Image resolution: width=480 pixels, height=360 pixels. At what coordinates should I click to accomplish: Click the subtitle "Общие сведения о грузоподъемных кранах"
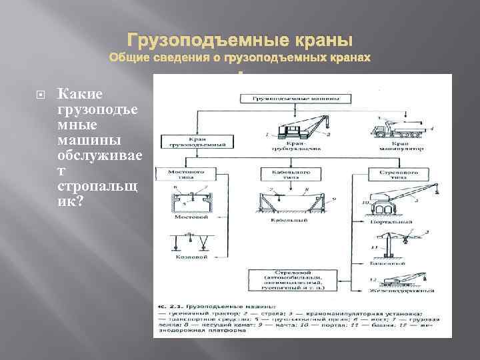(x=239, y=58)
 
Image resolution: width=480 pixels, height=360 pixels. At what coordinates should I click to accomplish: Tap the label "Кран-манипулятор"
(x=400, y=147)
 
